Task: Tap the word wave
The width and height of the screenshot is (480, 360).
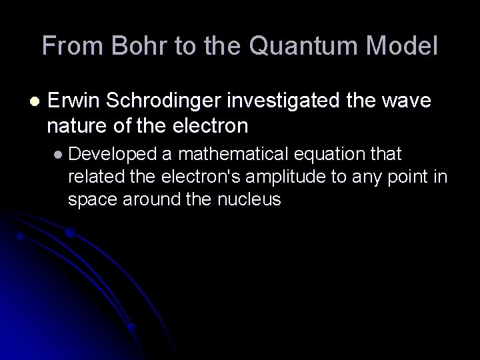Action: pos(407,101)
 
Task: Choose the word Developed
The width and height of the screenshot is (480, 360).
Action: pos(112,155)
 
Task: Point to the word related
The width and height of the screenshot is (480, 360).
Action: pos(93,177)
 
